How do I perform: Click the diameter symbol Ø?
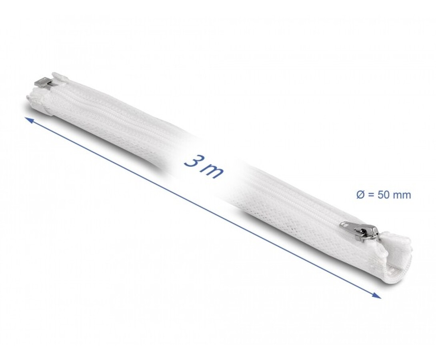click(360, 195)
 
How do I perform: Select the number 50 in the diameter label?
click(383, 195)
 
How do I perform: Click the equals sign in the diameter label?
click(370, 195)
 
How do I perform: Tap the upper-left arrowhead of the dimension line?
click(29, 120)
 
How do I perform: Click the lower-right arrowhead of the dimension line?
click(377, 296)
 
